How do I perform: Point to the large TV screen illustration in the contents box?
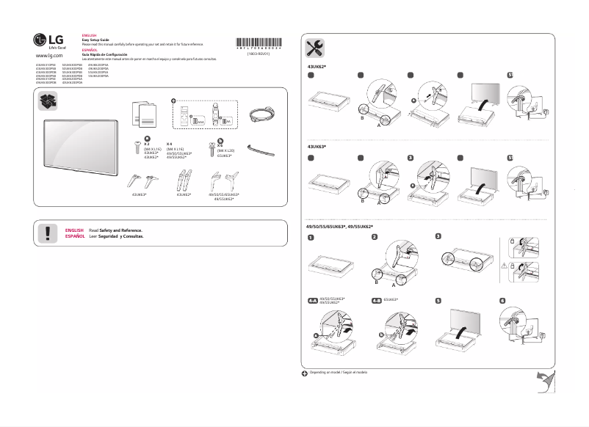[x=81, y=146]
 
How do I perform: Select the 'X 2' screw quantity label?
[x=148, y=145]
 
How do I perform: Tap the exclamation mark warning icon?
[x=48, y=233]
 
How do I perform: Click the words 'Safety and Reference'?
[x=120, y=230]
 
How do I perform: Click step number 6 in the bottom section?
[x=502, y=301]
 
